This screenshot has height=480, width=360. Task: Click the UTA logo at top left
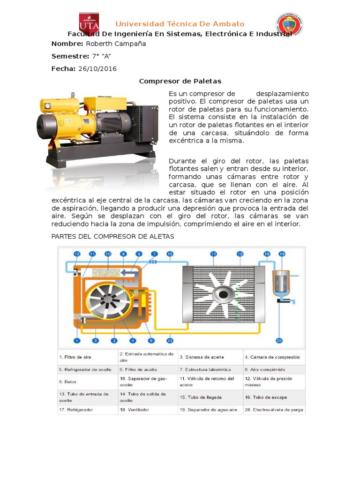pos(89,24)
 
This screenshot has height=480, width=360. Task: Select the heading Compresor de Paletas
pos(180,81)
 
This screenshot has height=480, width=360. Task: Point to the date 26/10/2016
pos(97,69)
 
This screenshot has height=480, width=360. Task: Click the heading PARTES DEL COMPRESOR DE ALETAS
pos(112,237)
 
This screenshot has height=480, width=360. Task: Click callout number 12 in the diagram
pos(77,254)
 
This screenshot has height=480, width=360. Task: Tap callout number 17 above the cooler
pos(214,254)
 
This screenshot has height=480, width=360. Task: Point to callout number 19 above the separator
pos(281,254)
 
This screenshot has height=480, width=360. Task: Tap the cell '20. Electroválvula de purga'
pos(274,409)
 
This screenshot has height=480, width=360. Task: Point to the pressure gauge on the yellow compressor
pos(48,105)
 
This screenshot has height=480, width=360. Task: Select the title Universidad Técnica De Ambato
pos(180,24)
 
